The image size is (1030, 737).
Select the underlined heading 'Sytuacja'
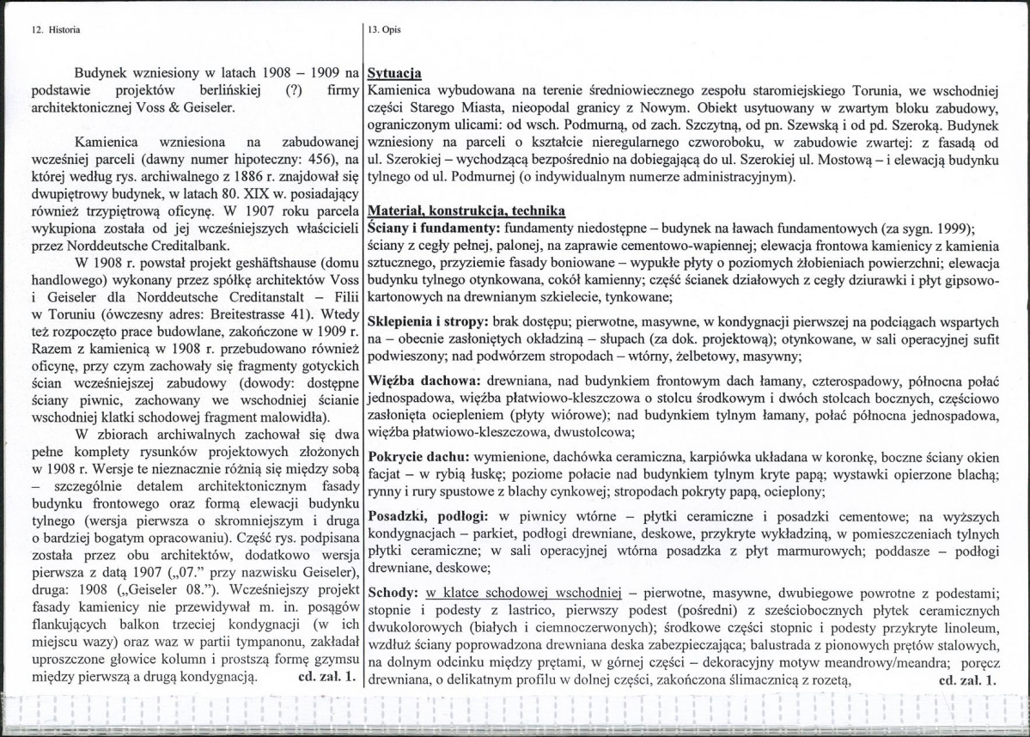393,73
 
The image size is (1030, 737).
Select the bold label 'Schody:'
391,593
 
